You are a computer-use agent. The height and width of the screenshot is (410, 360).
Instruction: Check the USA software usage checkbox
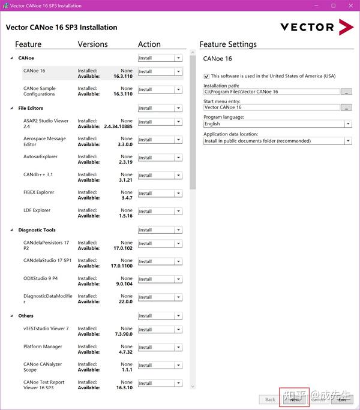click(x=206, y=76)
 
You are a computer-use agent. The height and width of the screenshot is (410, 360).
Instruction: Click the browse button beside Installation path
click(x=346, y=92)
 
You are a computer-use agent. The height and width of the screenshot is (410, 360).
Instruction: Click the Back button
click(x=270, y=399)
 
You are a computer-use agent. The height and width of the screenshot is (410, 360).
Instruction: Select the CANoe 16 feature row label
click(x=34, y=71)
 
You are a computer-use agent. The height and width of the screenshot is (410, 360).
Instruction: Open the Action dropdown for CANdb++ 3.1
click(x=178, y=176)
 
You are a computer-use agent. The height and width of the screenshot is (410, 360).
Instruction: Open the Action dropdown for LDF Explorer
click(x=178, y=211)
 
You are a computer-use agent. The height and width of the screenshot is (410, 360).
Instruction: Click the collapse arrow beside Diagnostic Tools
click(x=11, y=230)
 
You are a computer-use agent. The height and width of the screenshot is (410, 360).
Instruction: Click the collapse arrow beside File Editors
click(x=11, y=108)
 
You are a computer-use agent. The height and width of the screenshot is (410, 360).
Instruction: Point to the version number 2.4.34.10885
click(x=118, y=126)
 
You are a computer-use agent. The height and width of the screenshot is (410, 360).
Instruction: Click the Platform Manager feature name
click(x=43, y=346)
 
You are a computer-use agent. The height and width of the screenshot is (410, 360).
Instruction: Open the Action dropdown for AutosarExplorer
click(x=178, y=158)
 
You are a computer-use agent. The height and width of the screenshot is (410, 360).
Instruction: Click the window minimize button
click(x=316, y=6)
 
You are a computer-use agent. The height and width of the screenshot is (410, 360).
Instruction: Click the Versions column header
click(x=92, y=44)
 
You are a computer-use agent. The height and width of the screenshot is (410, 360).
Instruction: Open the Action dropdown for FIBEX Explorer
click(x=178, y=193)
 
